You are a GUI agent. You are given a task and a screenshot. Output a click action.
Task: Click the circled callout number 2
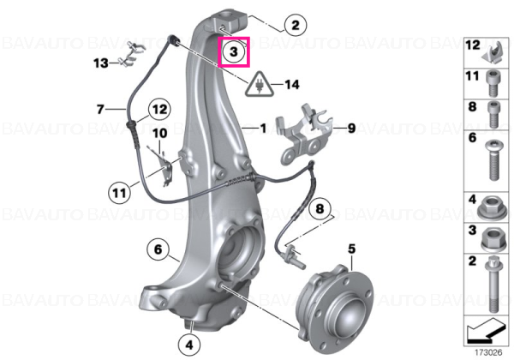(x=296, y=25)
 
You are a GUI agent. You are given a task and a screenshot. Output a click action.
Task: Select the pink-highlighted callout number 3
(x=234, y=51)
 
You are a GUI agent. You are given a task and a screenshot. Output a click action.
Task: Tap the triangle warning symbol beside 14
(x=260, y=85)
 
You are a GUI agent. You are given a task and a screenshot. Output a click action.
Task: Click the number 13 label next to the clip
(x=100, y=63)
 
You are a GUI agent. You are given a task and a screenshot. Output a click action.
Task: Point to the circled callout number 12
(x=159, y=109)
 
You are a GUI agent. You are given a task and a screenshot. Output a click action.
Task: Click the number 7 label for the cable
(x=100, y=109)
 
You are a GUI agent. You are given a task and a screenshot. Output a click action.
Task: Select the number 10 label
(x=160, y=133)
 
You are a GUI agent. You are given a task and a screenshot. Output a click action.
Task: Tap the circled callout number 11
(x=119, y=193)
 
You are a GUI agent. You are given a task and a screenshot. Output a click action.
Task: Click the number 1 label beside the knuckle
(x=263, y=128)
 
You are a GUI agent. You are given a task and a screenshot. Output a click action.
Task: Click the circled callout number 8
(x=320, y=208)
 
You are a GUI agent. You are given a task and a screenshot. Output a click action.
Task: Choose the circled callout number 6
(x=158, y=249)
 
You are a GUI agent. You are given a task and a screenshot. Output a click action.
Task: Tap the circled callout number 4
(x=189, y=345)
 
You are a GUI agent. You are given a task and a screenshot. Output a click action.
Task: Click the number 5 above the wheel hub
(x=351, y=249)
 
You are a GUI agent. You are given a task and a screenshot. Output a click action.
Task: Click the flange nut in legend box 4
(x=492, y=208)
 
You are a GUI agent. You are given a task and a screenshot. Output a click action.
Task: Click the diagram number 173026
(x=488, y=352)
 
